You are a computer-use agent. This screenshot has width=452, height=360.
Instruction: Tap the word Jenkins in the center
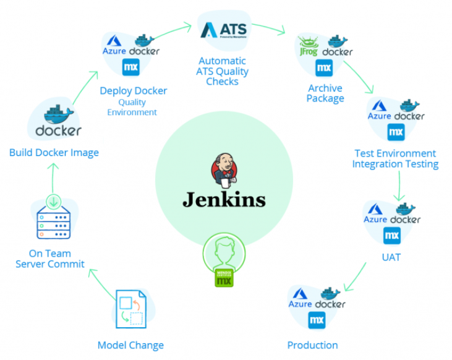point(224,200)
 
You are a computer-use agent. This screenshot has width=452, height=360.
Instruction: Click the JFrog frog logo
point(309,46)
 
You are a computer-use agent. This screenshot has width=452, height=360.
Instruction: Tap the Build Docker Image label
point(54,152)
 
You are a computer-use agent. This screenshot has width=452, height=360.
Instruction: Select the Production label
point(312,345)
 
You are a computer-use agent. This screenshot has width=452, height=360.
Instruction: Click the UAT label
point(391,257)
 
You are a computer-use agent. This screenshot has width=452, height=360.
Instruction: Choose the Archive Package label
point(326,93)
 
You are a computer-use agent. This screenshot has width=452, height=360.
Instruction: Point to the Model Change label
point(130,345)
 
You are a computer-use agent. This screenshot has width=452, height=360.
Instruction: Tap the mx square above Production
point(317,320)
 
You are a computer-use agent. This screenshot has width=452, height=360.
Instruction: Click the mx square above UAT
point(391,235)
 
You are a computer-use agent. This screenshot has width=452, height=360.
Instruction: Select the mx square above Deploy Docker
point(130,67)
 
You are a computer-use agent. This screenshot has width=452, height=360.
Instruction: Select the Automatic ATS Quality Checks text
point(223,71)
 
